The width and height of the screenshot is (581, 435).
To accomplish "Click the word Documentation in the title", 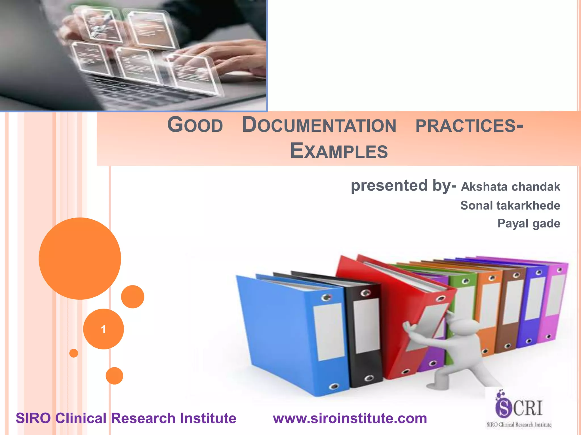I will tap(319, 125).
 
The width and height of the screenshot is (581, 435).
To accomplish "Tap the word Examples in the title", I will tap(339, 151).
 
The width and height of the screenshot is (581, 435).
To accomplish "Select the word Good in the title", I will tap(195, 125).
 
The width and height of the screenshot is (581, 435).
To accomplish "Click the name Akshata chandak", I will tap(510, 187).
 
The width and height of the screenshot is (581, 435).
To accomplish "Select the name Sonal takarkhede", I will tap(510, 206).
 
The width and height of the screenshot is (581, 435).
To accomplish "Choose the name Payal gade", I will tap(529, 224).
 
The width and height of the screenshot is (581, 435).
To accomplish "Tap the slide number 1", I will tap(103, 329).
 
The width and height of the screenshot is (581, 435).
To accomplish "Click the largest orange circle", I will tap(80, 258).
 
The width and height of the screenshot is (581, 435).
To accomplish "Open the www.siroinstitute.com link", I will tap(350, 419).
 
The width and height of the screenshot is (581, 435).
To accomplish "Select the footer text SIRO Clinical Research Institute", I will tap(126, 419).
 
